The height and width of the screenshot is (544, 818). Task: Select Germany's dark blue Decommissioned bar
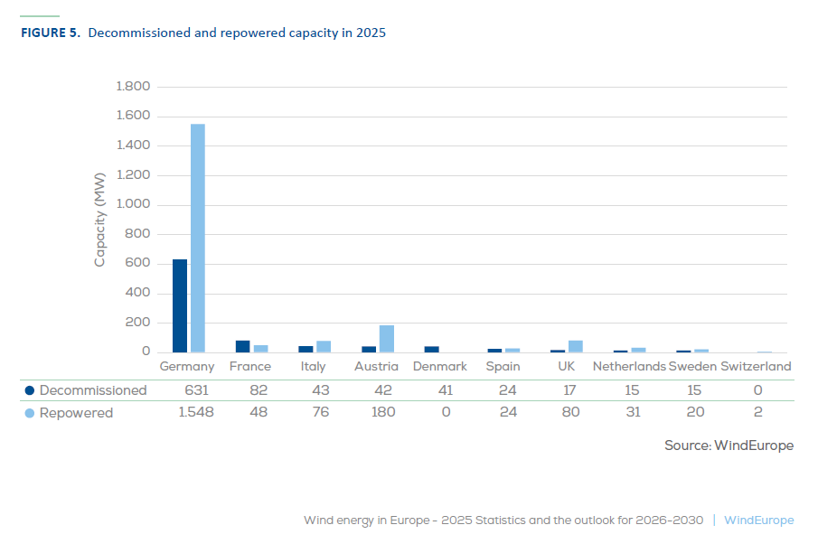tap(180, 305)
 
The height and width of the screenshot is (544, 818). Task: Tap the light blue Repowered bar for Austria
tap(387, 339)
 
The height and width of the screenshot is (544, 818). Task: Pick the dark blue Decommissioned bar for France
tap(242, 346)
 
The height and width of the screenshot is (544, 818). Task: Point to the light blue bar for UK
tap(576, 346)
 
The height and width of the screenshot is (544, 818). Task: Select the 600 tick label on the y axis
tap(138, 264)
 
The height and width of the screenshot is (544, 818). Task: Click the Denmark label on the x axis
tap(440, 367)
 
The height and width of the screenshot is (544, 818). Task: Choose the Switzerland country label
tap(757, 367)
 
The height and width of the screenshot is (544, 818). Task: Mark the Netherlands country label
tap(629, 367)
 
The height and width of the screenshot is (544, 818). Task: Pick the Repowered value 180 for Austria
tap(376, 413)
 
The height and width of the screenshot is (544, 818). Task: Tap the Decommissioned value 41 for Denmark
tap(439, 390)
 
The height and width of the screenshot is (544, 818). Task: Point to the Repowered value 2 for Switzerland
tap(757, 413)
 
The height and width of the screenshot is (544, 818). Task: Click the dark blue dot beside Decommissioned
tap(30, 390)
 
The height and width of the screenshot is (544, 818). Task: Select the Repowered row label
tap(76, 413)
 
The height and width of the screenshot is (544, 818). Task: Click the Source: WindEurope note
tap(729, 446)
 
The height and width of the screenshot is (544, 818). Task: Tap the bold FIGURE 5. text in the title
tap(50, 33)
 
